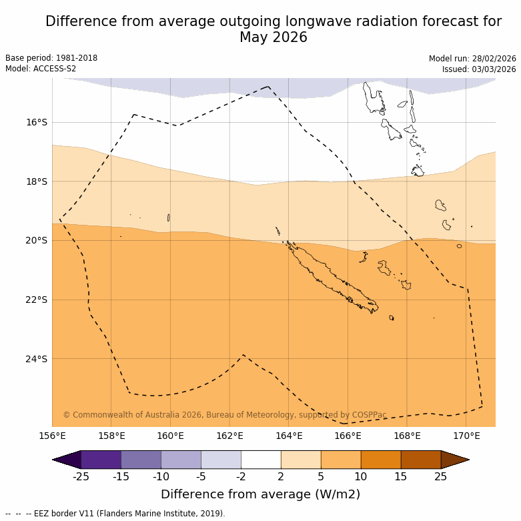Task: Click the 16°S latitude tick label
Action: click(37, 122)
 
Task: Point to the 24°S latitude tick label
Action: click(37, 359)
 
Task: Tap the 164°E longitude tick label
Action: click(289, 436)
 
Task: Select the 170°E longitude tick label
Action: click(466, 436)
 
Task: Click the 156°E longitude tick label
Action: click(52, 436)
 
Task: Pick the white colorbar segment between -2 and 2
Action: click(261, 460)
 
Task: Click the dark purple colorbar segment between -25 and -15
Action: click(101, 460)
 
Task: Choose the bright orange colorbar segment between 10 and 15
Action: click(381, 460)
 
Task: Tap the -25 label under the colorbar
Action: click(81, 476)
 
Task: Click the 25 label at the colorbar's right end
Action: click(441, 476)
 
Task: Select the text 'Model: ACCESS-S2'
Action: click(41, 69)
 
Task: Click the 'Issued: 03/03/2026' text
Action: click(479, 69)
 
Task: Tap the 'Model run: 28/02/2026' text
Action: click(472, 58)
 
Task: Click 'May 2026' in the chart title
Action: click(274, 37)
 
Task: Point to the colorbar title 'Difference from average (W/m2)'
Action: click(260, 494)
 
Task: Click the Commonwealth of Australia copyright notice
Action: click(225, 415)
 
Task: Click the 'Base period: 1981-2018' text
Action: click(51, 58)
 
